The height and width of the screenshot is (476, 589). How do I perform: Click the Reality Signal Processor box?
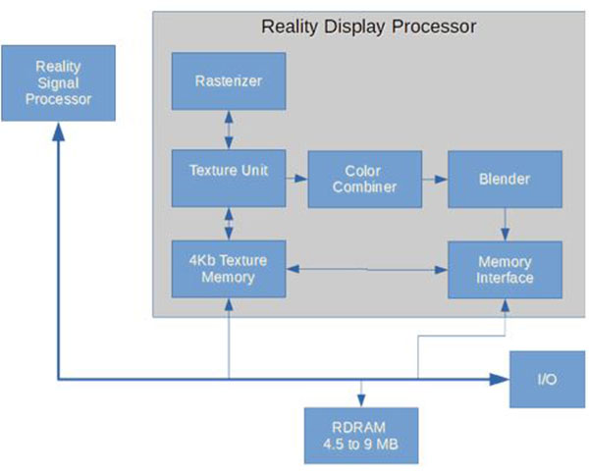(58, 82)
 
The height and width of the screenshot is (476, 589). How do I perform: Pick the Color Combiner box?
(364, 179)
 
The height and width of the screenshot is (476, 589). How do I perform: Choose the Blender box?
(505, 179)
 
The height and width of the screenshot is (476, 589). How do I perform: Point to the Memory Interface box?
(505, 270)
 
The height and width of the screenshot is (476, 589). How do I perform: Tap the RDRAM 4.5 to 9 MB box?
(360, 435)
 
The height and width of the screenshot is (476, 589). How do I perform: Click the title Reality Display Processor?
(368, 26)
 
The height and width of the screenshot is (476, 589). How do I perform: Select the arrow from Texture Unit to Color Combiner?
(296, 178)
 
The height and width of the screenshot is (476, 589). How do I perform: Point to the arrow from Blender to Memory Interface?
(505, 225)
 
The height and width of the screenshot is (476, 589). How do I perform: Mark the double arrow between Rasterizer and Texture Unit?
(229, 130)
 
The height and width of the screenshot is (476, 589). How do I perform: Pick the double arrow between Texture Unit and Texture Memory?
(229, 225)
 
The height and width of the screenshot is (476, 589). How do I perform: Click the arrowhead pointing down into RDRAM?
(361, 400)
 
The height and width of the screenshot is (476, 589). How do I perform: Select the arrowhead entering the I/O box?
(500, 379)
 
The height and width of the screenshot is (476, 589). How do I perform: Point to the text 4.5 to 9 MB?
(360, 444)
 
